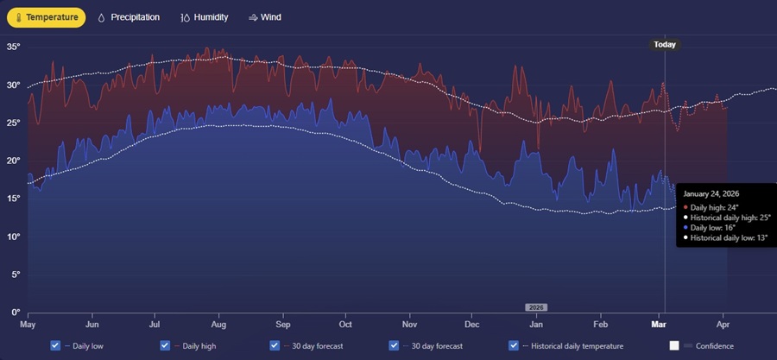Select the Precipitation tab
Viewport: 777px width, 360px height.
129,16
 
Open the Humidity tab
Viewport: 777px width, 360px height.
205,16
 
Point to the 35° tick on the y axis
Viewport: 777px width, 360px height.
13,47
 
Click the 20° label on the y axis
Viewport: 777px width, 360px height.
13,161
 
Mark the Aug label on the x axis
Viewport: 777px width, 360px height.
218,325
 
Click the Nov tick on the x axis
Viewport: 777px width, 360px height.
409,325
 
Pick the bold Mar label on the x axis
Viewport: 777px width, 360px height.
659,325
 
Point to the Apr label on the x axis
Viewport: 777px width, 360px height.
723,325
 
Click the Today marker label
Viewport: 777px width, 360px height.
665,45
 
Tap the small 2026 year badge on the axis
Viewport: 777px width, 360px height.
536,307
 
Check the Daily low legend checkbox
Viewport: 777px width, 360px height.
56,345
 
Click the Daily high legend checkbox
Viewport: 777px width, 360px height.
166,345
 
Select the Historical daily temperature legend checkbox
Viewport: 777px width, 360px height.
515,345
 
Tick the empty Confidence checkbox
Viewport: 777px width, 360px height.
674,345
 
